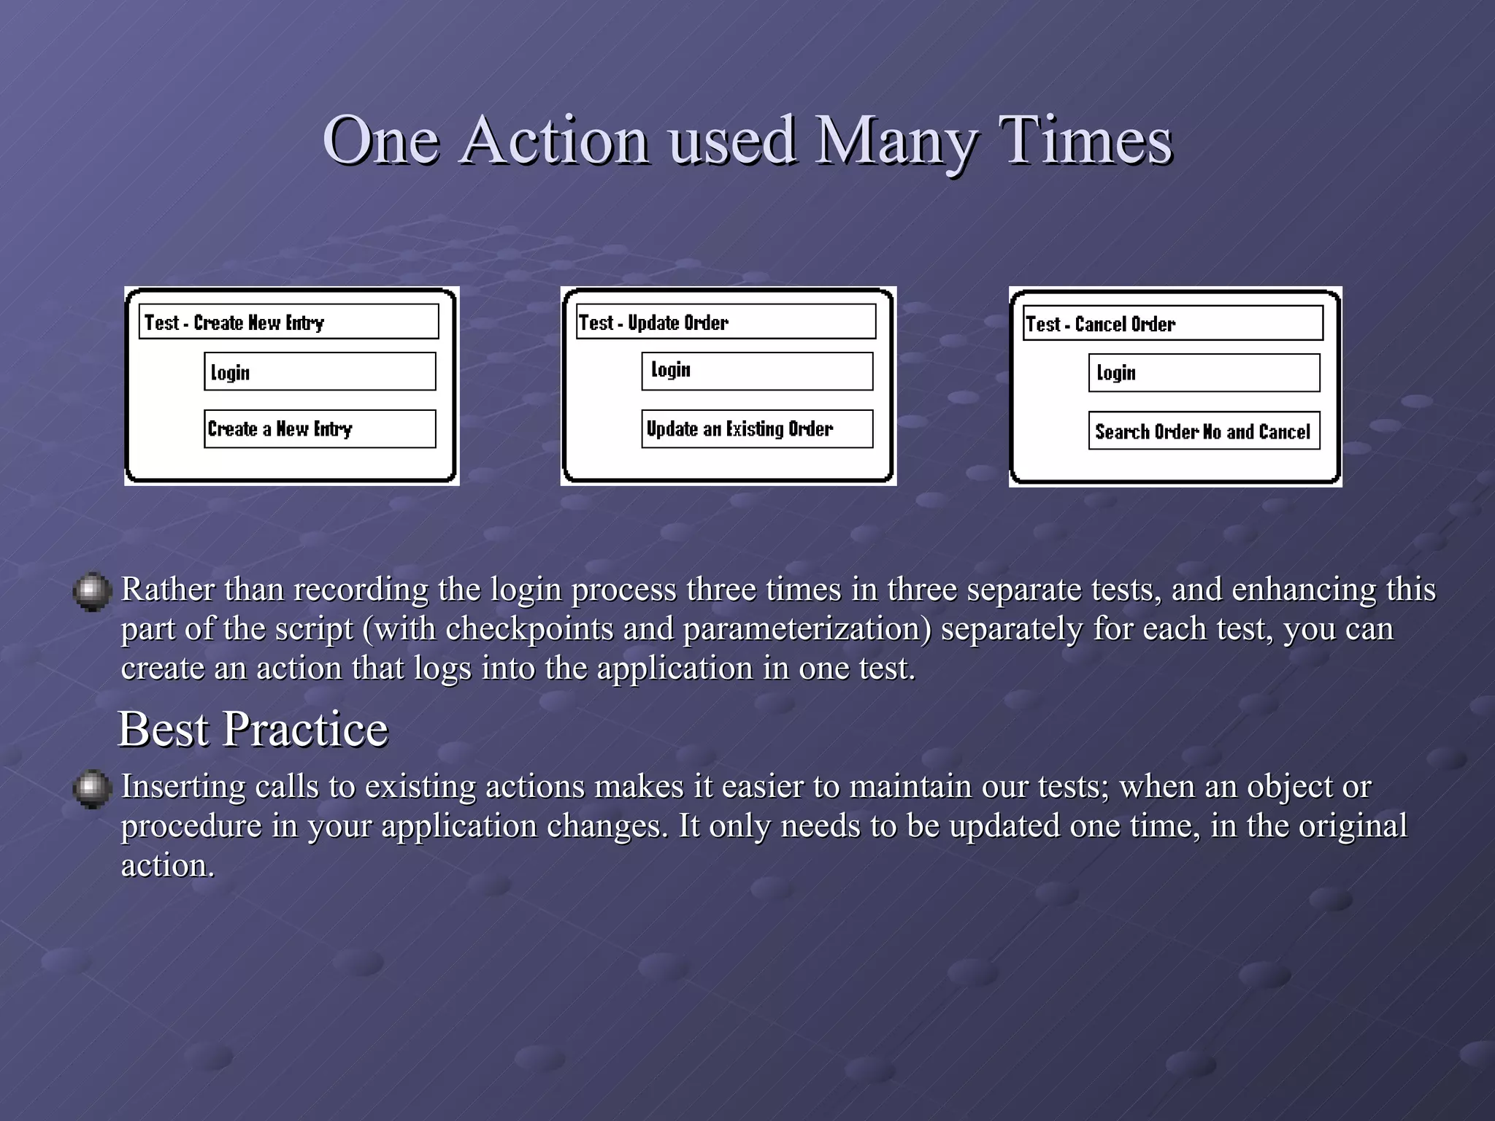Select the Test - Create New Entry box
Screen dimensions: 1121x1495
[288, 322]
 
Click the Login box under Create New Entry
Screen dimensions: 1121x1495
[320, 371]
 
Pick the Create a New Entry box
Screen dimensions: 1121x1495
[320, 428]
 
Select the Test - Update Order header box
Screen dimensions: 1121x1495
[726, 322]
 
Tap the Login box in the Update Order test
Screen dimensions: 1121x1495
[757, 371]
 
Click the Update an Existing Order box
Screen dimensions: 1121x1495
[757, 428]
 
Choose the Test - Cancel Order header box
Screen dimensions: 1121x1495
[1172, 323]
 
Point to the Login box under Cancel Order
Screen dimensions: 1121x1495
[1204, 373]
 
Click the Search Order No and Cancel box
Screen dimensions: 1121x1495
[1204, 431]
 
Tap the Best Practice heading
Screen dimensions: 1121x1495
[253, 728]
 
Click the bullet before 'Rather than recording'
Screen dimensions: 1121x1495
[92, 591]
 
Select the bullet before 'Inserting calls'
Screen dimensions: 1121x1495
[92, 789]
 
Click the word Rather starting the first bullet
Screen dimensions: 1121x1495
[167, 590]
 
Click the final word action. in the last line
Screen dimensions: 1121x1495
[167, 866]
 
